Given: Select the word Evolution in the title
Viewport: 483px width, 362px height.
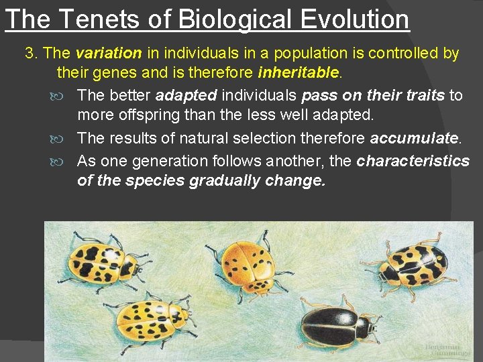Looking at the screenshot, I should [x=355, y=19].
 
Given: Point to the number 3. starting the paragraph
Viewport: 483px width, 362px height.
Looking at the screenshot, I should [x=32, y=52].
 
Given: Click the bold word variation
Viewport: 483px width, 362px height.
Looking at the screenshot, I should [x=108, y=52].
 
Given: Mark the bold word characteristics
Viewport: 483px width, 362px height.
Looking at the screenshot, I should [x=413, y=161].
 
